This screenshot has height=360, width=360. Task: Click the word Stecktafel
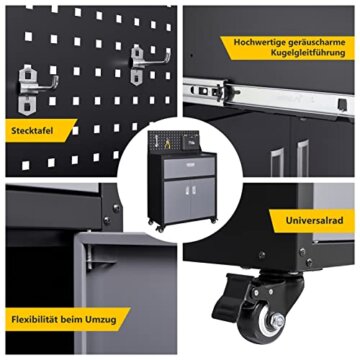[x=32, y=130]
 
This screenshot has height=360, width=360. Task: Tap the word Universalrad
[x=310, y=220]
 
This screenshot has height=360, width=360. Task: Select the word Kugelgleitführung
[x=308, y=53]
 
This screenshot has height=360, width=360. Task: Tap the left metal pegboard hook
[x=37, y=90]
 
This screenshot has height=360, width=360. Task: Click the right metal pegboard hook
[x=148, y=64]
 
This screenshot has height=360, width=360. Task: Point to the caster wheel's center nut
[x=277, y=321]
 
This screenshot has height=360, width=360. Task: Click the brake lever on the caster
[x=230, y=297]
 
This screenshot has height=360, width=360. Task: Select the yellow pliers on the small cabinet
[x=167, y=144]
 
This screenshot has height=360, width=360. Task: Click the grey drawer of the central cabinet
[x=189, y=168]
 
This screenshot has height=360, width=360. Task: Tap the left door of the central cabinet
[x=177, y=201]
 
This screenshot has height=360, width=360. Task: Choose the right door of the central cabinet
[x=202, y=198]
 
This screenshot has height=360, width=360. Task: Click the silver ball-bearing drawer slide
[x=268, y=98]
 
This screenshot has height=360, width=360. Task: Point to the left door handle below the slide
[x=277, y=162]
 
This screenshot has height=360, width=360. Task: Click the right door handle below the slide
[x=302, y=158]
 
